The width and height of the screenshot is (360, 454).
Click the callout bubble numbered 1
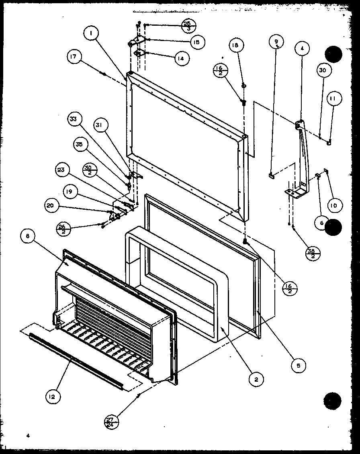tap(92, 35)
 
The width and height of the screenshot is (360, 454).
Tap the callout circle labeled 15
tap(197, 42)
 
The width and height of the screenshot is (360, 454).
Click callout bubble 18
tap(235, 46)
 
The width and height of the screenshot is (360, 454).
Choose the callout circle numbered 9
tap(276, 41)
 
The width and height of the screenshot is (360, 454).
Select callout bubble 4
tap(302, 48)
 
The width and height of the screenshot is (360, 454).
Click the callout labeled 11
tap(334, 98)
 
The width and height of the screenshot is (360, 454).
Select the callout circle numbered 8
tap(27, 237)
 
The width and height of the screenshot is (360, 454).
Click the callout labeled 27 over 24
tap(110, 422)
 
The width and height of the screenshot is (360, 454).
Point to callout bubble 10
tap(335, 206)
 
